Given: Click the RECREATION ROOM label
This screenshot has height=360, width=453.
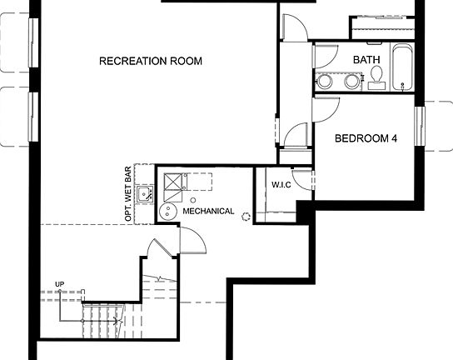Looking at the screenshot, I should click(x=151, y=61).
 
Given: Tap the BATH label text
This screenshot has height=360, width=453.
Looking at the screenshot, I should click(x=366, y=59).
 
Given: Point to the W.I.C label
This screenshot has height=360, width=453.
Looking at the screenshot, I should click(x=280, y=182).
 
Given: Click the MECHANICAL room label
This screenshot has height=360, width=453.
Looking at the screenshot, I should click(x=208, y=212).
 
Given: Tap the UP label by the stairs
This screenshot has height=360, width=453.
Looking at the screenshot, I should click(x=59, y=285).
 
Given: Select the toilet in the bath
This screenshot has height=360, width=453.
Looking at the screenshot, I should click(x=376, y=77).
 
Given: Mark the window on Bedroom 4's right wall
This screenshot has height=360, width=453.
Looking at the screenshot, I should click(x=422, y=127).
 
